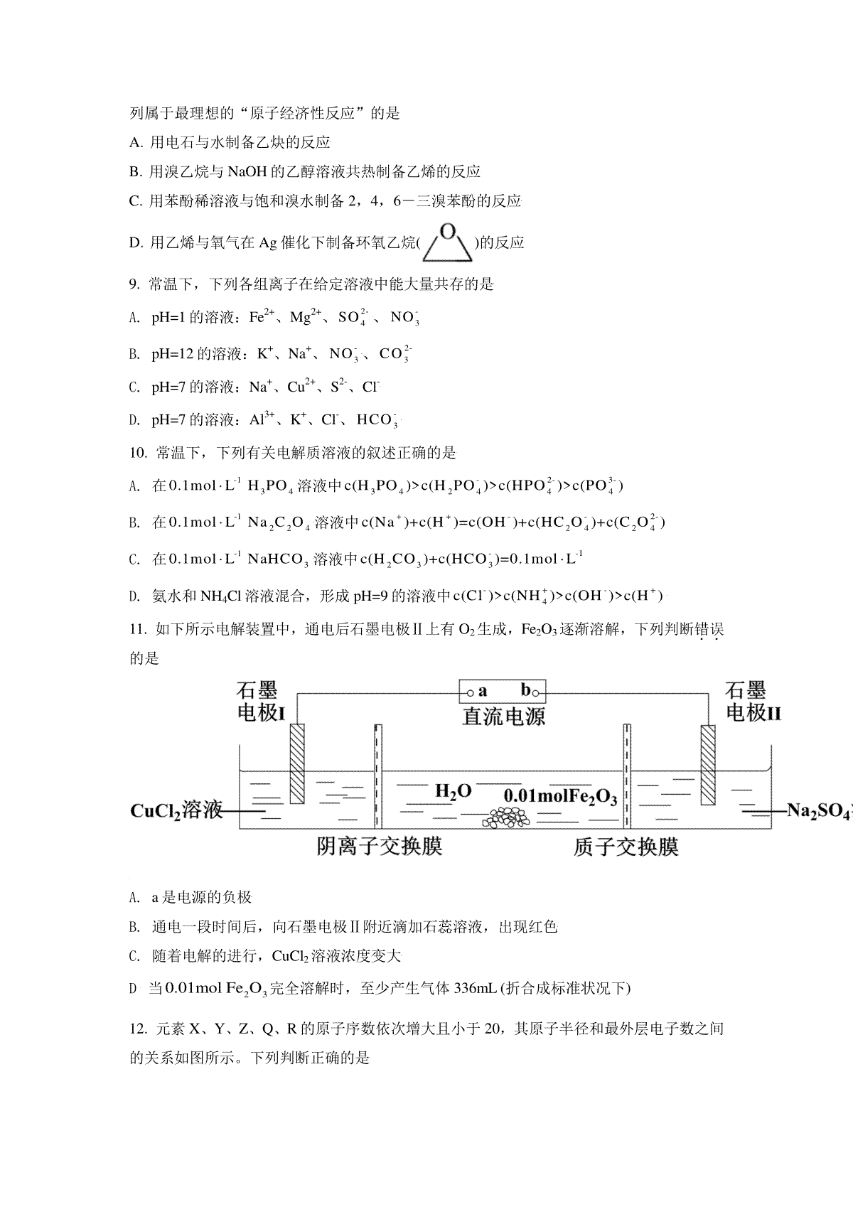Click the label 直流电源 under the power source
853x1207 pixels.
pos(503,716)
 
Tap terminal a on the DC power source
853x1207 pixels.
pos(470,690)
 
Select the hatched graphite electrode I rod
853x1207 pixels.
pos(297,763)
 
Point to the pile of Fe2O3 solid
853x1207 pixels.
pos(506,819)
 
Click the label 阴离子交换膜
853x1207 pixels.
pos(380,847)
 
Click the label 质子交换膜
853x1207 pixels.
pos(626,847)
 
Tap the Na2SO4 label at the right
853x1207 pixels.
pos(817,811)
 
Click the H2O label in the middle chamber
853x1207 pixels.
pos(453,791)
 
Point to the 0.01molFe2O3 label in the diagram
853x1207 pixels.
pos(559,796)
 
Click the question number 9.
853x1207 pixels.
pos(134,285)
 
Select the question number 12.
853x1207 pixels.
pos(138,1029)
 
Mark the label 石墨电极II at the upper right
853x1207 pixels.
pos(752,702)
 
